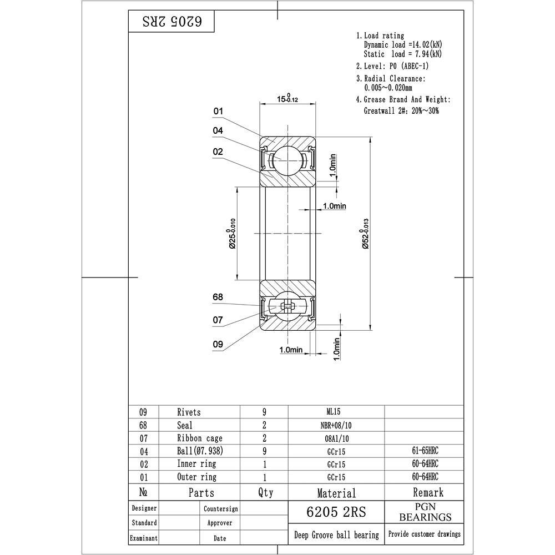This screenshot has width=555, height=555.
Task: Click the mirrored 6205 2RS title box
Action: click(171, 21)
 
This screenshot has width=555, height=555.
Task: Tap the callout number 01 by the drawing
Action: click(218, 111)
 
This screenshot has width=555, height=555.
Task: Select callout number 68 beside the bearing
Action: click(218, 297)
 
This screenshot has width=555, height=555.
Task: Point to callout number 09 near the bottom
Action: click(218, 344)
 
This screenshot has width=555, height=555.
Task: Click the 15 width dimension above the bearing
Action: click(287, 98)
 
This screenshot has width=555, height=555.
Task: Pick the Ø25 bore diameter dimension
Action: click(231, 234)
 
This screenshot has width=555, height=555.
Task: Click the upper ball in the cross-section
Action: click(287, 160)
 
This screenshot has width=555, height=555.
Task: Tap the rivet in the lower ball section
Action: click(287, 306)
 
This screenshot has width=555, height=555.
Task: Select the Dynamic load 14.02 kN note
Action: click(403, 44)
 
